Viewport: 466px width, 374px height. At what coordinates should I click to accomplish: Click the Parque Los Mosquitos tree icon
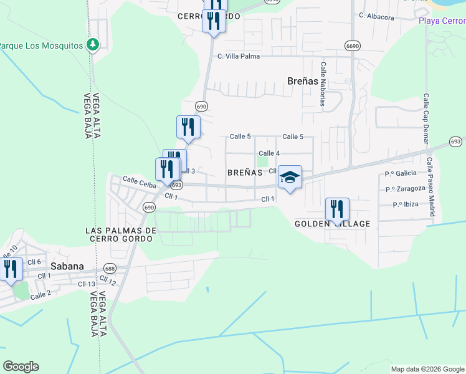point(93,45)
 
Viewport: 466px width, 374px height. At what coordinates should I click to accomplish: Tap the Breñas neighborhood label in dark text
point(303,80)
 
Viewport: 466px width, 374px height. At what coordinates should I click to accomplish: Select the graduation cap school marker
point(290,178)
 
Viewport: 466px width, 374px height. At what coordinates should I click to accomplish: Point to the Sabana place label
point(67,266)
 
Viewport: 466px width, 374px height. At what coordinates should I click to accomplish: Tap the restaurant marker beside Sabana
point(11,269)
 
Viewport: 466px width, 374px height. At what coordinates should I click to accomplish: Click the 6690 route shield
point(353,46)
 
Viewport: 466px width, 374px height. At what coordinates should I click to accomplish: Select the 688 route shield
point(110,269)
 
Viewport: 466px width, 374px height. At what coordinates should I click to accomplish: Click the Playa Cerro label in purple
point(442,21)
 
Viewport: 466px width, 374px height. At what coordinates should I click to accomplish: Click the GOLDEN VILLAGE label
point(333,224)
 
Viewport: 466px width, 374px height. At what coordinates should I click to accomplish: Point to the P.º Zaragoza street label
point(405,188)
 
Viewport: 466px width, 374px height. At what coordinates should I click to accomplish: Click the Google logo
point(21,367)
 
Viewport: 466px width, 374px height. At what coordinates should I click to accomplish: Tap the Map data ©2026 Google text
point(427,369)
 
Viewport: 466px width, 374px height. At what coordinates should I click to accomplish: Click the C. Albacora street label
point(376,17)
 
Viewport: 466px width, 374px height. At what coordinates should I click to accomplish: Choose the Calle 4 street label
point(269,153)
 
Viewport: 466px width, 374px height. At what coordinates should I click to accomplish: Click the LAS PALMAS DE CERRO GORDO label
point(120,234)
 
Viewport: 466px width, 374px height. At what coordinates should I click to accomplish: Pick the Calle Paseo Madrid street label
point(430,186)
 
